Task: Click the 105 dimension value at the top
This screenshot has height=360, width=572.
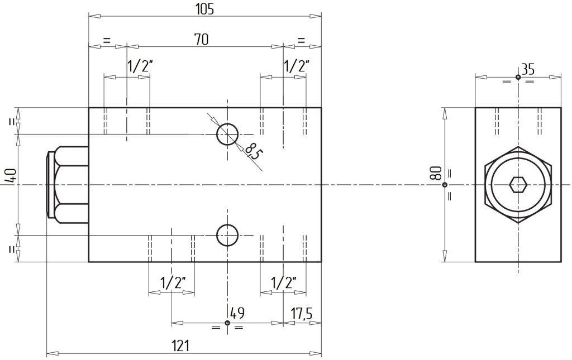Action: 204,9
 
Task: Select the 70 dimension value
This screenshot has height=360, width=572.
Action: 201,40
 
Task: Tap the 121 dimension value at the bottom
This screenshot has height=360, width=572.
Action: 180,345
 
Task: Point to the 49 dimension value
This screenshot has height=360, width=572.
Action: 237,313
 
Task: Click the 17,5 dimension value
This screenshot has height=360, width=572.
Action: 301,313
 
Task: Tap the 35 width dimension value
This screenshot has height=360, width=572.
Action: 528,69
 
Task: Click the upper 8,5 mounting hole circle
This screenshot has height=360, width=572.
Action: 227,123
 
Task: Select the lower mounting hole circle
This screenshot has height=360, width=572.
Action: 227,225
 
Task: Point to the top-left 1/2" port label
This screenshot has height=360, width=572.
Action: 139,66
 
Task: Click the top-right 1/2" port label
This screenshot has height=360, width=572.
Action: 296,66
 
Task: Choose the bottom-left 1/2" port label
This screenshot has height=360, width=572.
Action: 173,282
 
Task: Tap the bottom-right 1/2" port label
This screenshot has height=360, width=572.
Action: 283,282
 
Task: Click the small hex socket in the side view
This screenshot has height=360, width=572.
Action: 518,185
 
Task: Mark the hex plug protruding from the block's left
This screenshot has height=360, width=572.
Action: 68,185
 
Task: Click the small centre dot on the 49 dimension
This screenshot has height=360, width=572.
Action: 227,323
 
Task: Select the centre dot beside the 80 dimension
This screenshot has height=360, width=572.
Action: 444,185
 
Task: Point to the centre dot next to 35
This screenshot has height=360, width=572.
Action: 518,77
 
